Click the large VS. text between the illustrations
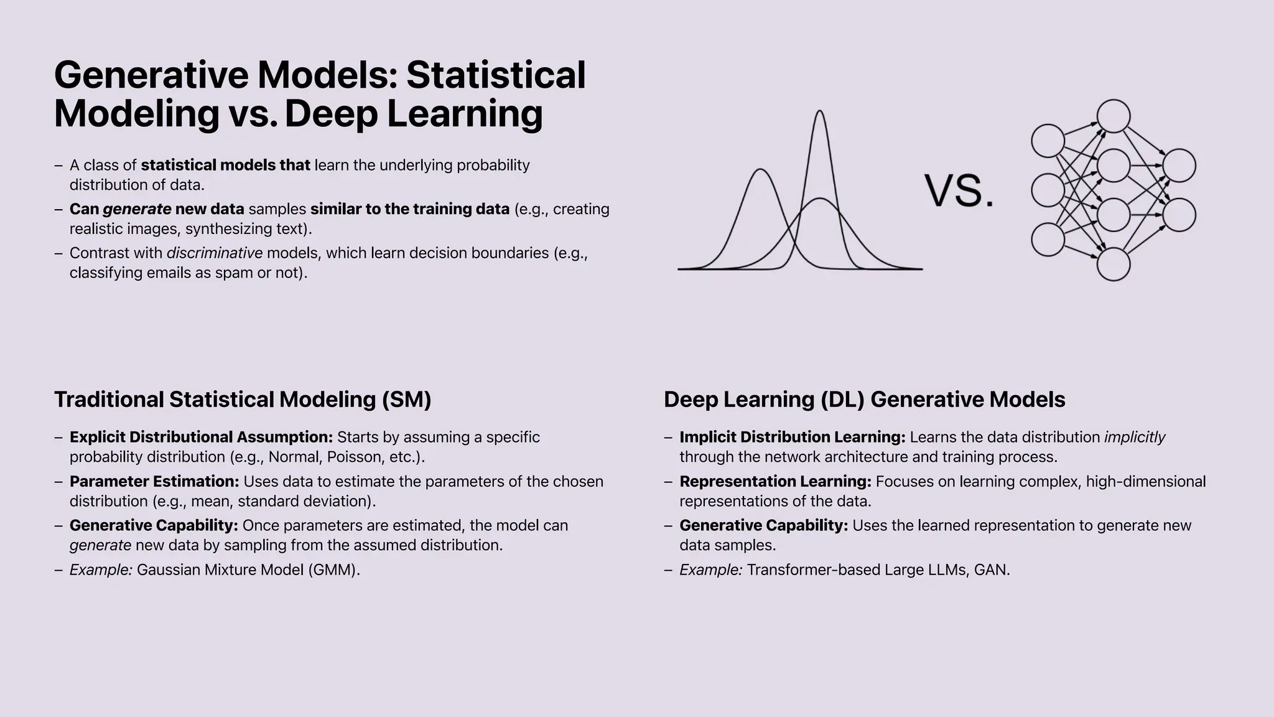(x=959, y=190)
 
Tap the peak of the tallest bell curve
(x=820, y=112)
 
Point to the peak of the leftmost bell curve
(x=760, y=170)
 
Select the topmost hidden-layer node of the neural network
(x=1114, y=116)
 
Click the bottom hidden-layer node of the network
(x=1114, y=265)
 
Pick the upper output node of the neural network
(x=1179, y=166)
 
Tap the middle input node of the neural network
(x=1048, y=190)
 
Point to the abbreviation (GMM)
(x=334, y=569)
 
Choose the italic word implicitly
(x=1135, y=437)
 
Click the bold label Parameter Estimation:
(x=154, y=481)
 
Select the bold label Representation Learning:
(x=775, y=481)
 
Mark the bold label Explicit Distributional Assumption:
(x=201, y=437)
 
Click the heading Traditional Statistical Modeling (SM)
(x=243, y=400)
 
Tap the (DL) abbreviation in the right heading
(x=842, y=400)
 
